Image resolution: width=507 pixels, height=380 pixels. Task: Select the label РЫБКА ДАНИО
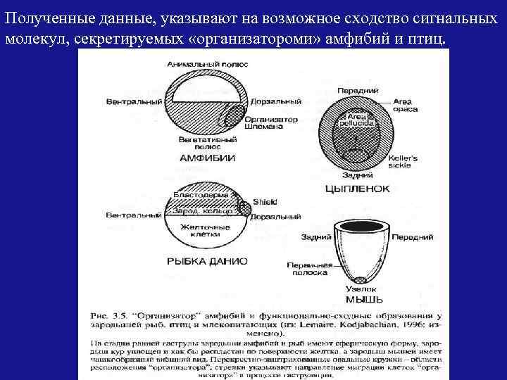point(207,260)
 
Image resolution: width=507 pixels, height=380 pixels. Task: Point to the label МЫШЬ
point(359,299)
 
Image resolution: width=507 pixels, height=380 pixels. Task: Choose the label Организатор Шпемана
point(270,123)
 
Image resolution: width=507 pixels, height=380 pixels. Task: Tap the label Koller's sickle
point(403,162)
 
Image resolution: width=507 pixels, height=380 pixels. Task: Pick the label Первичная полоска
point(307,268)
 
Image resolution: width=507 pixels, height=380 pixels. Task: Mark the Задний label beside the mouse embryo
point(313,238)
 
